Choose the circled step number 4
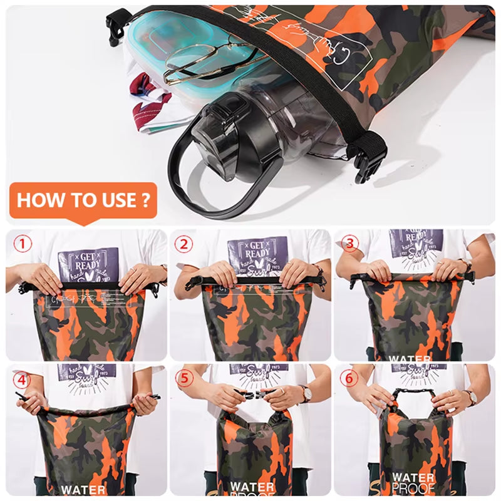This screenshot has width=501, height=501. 23,380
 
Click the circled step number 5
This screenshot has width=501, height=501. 183,380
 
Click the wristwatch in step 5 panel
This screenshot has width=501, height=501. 306,393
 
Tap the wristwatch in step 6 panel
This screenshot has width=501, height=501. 468,397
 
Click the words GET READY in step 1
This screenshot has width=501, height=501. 88,259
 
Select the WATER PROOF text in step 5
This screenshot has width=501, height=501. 252,489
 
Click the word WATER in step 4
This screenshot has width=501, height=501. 83,489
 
